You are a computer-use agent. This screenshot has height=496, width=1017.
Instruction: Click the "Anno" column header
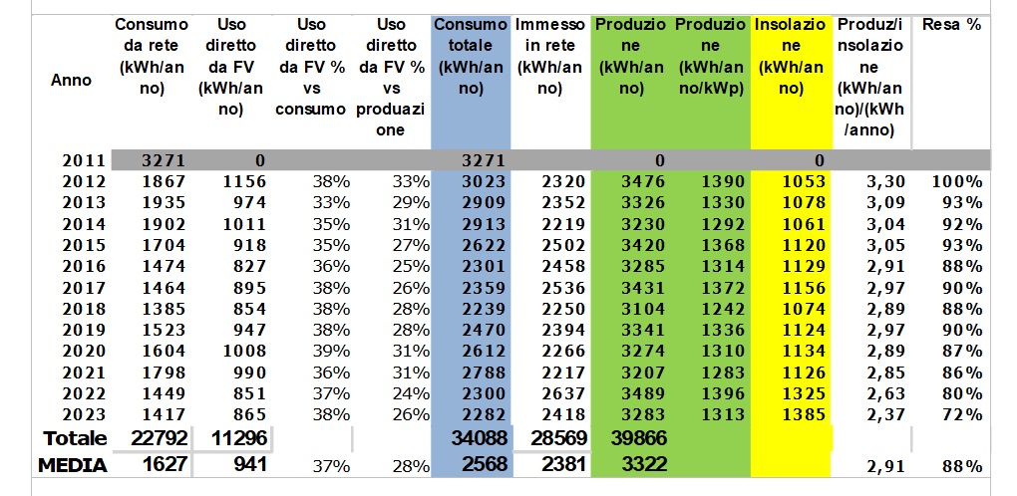tap(71, 80)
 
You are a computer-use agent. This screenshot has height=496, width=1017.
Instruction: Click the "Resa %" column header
tap(951, 25)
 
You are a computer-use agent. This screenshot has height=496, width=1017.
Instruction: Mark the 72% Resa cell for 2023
tap(963, 413)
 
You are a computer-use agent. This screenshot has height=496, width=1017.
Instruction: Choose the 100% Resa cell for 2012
tap(958, 181)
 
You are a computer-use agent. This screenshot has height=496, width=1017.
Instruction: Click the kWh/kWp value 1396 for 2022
tap(721, 392)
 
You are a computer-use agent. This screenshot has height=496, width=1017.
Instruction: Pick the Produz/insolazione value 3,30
tap(885, 181)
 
